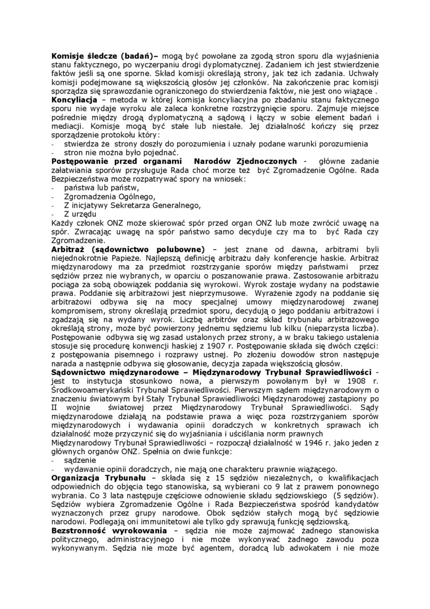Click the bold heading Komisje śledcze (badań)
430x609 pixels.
tap(105, 57)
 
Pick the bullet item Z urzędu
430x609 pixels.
tap(80, 214)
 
